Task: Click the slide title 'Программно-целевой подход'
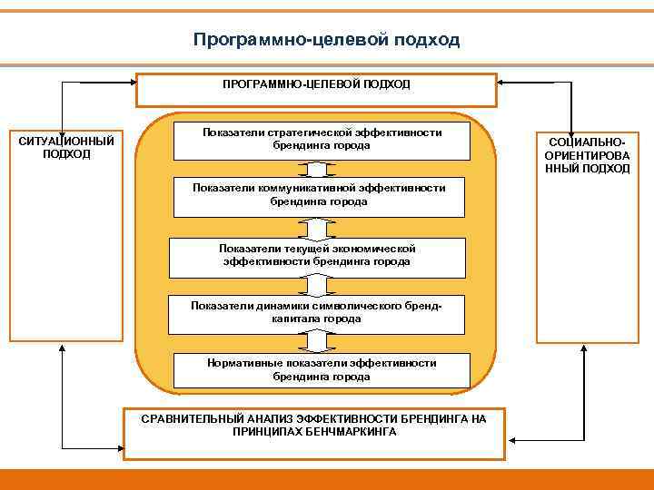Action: pos(327,40)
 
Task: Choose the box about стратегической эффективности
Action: pos(322,139)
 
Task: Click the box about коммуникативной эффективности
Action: pos(318,194)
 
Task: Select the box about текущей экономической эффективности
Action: pos(317,255)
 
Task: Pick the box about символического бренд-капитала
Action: pos(317,312)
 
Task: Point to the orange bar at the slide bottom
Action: pos(327,479)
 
